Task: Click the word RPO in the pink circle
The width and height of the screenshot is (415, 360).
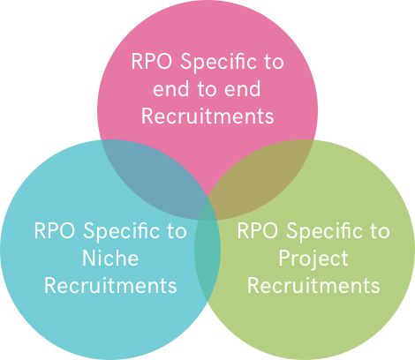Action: click(152, 62)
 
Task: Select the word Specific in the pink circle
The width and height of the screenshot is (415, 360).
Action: click(218, 63)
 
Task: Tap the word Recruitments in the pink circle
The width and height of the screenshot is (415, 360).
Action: click(207, 116)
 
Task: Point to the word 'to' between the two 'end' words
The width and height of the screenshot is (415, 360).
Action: click(207, 89)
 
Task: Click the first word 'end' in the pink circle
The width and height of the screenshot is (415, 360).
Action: click(170, 88)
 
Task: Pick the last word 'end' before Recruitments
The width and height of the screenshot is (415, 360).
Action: click(243, 88)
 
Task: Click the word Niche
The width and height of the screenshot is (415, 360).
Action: click(110, 258)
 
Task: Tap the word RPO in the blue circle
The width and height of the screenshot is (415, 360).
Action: click(55, 230)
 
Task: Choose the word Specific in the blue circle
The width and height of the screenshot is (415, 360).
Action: click(121, 232)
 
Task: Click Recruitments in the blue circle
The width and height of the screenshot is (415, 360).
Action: click(110, 285)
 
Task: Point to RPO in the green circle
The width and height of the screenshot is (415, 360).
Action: click(258, 230)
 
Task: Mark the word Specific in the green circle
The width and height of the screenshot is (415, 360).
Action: click(324, 232)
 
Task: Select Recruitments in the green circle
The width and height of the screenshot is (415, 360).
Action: click(313, 285)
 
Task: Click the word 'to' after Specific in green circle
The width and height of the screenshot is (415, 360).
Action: click(380, 231)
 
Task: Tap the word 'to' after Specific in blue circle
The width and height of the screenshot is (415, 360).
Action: click(177, 231)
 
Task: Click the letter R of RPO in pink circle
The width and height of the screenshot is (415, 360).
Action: click(137, 62)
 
